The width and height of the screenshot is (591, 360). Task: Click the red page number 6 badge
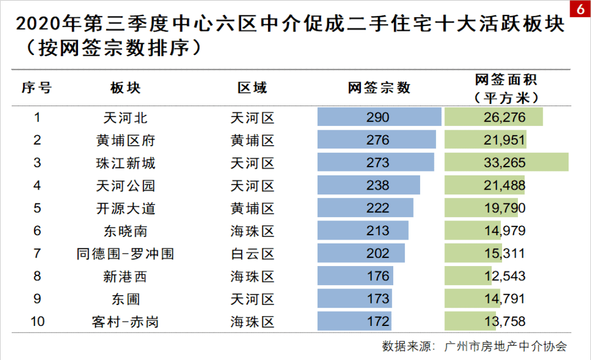coord(579,10)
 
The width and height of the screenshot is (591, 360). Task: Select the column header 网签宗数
coord(379,88)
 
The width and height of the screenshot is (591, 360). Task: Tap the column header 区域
coord(252,88)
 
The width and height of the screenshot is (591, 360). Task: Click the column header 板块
coord(125,88)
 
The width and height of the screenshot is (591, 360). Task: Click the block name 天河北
coord(125,118)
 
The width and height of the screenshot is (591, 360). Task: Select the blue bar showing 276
coord(377,140)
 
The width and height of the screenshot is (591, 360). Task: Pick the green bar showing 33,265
coord(506,163)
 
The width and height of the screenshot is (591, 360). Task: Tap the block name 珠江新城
coord(125,163)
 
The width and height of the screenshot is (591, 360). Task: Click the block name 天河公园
coord(125,186)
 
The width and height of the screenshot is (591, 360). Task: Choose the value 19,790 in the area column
coord(505,208)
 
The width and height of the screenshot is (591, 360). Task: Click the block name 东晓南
coord(125,231)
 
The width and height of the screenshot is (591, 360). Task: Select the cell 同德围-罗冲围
coord(125,253)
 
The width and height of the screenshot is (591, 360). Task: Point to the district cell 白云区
coord(252,253)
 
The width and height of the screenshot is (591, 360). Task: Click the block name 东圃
coord(125,298)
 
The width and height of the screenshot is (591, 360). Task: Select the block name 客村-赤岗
coord(125,321)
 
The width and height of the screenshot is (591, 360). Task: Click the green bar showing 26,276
coord(493,118)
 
